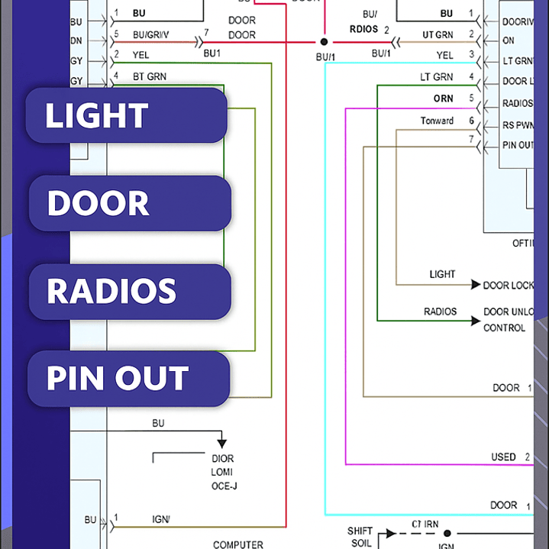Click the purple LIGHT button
127,115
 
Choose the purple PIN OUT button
128,379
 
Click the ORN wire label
443,98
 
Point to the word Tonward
437,121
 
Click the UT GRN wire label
438,35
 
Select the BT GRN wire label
150,76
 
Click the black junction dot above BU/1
324,42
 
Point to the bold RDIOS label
364,30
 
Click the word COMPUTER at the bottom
237,544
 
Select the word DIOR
222,459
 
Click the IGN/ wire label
161,519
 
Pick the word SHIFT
360,531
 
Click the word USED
503,457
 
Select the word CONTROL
504,328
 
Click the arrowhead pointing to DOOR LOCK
476,285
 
